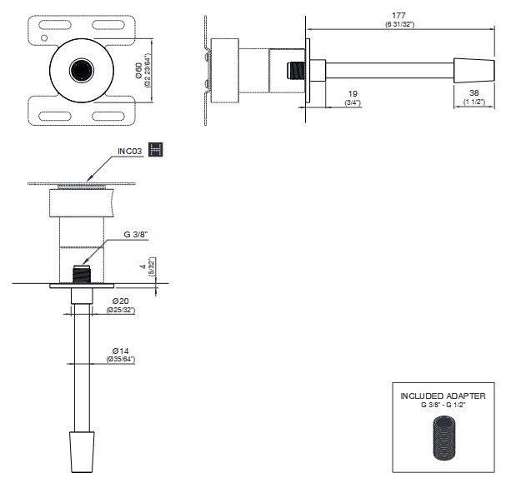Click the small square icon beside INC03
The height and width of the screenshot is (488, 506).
(155, 149)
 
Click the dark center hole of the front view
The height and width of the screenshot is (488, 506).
(82, 69)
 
